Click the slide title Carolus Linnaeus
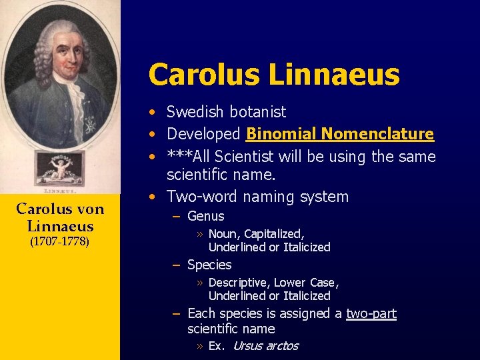(273, 75)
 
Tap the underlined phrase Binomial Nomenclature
(340, 134)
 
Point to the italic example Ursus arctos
(265, 345)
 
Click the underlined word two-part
(371, 313)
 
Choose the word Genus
(205, 216)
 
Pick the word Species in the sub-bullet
(209, 265)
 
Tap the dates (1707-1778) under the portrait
(60, 241)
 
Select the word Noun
(224, 234)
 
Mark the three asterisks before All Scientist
(178, 157)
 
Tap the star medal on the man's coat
(89, 124)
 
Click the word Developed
(203, 134)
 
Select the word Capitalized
(274, 234)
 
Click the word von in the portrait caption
(91, 209)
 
